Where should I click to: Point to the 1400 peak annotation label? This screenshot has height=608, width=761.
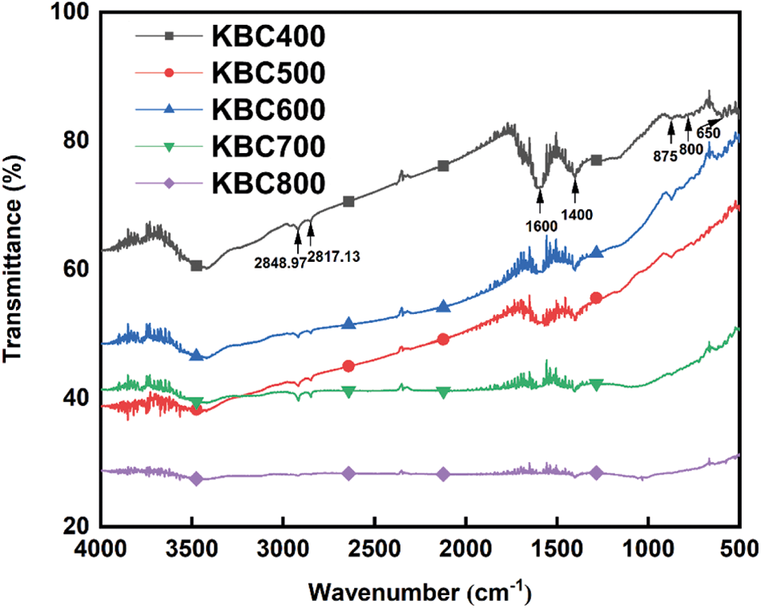576,215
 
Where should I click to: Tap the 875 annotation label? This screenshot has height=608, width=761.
666,156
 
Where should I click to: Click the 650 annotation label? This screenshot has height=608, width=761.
707,133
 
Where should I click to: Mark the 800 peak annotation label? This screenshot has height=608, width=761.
691,148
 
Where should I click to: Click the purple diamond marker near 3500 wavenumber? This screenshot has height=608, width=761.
196,478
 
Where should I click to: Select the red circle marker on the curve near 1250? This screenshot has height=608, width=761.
595,298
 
